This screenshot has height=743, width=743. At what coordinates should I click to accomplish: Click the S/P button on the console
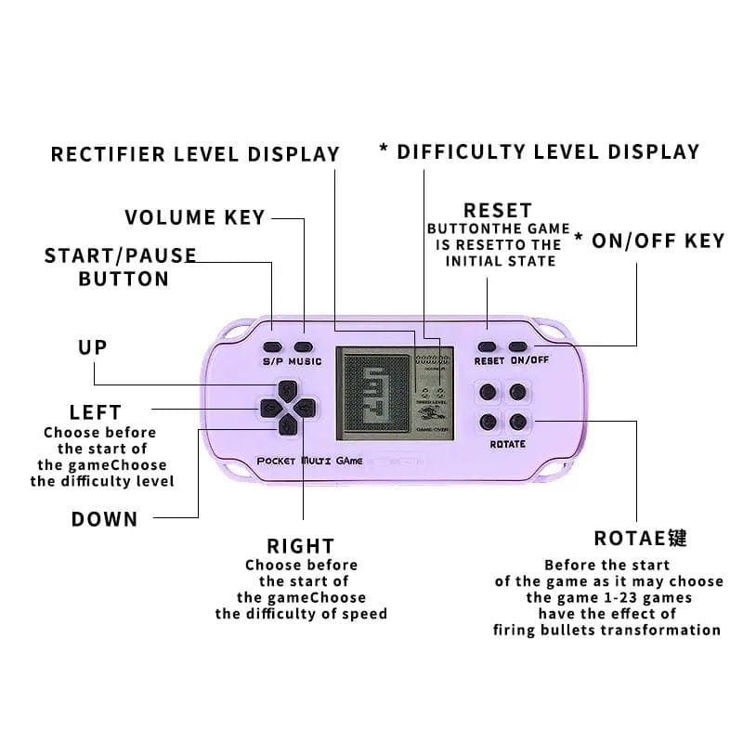[x=273, y=327]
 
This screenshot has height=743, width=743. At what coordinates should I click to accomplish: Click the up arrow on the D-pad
[x=288, y=388]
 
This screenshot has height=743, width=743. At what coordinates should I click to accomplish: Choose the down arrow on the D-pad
[x=288, y=426]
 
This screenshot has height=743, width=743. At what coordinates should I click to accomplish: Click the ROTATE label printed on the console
[x=507, y=444]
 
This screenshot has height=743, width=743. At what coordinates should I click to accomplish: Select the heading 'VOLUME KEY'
[x=195, y=218]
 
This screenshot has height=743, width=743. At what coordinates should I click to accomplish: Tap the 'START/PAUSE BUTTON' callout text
[x=121, y=267]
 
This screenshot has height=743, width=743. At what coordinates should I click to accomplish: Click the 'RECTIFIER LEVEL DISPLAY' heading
[x=195, y=154]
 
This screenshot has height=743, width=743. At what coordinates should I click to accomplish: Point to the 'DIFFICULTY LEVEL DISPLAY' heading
[x=548, y=151]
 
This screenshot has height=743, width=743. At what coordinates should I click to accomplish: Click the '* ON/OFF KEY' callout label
[x=649, y=241]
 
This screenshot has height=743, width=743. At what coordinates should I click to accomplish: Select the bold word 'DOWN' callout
[x=104, y=519]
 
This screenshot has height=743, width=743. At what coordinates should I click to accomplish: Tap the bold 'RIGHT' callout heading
[x=300, y=546]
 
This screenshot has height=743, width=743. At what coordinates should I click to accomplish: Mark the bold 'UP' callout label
[x=92, y=347]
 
